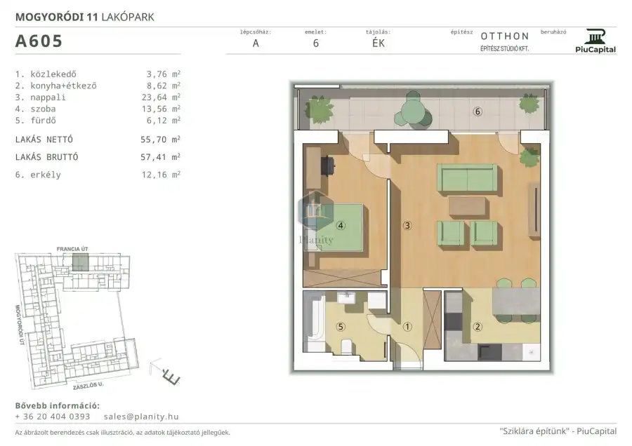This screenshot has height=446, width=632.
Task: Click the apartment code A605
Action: [39, 41]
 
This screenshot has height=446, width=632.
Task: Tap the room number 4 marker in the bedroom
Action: [341, 225]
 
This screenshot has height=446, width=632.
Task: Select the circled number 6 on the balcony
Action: [478, 111]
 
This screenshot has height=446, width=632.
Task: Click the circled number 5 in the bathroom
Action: [341, 327]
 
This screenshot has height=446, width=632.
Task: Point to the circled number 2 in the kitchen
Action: [478, 327]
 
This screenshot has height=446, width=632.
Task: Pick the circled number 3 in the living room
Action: [407, 225]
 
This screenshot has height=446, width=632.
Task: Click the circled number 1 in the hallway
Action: [407, 327]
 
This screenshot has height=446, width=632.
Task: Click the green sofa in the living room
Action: [467, 177]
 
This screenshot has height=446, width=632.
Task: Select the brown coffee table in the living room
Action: [467, 205]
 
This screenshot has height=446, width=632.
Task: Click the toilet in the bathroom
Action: [346, 346]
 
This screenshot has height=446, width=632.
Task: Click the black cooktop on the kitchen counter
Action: [489, 352]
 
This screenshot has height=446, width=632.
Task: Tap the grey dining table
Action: [516, 301]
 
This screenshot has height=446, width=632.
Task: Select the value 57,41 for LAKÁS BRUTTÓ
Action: [153, 157]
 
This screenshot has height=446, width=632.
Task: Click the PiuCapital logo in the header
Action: [595, 41]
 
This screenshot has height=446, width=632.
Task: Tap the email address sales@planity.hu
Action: [141, 417]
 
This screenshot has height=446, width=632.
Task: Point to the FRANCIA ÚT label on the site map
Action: [72, 249]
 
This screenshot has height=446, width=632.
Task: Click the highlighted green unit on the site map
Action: [80, 262]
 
